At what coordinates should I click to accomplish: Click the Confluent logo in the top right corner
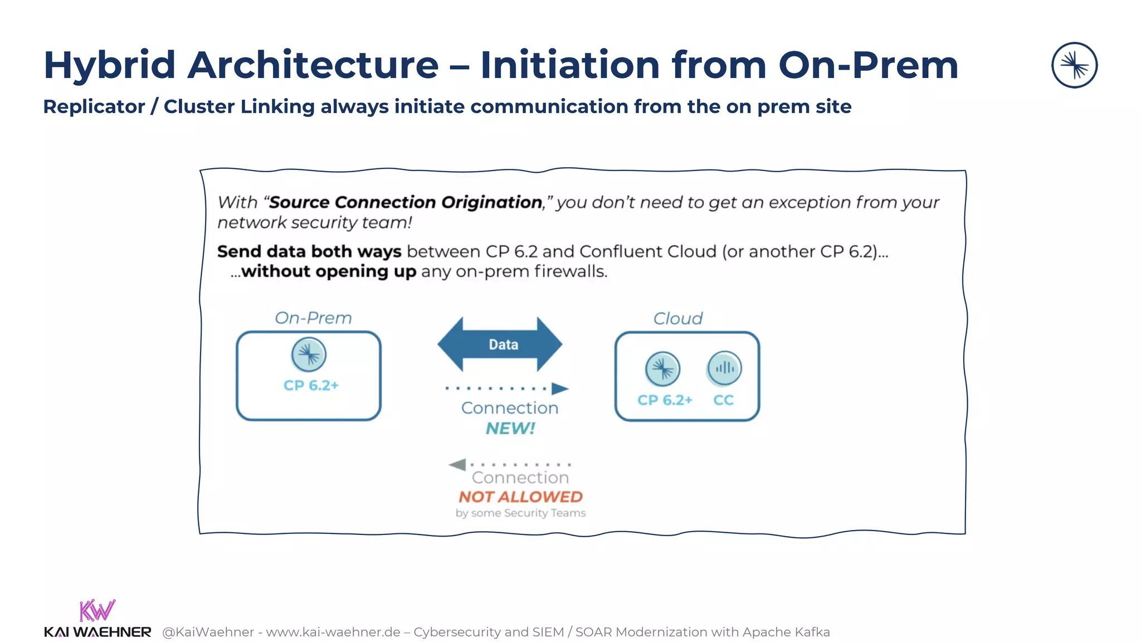(x=1074, y=65)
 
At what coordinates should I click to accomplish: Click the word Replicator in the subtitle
(x=94, y=106)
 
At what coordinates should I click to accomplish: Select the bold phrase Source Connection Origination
(x=406, y=202)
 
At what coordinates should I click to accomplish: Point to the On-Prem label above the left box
(x=313, y=318)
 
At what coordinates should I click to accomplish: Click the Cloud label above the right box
(x=677, y=319)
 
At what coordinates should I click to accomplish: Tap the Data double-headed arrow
(x=500, y=344)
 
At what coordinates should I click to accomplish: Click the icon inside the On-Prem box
(x=309, y=354)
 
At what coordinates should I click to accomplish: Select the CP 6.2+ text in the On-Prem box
(x=311, y=386)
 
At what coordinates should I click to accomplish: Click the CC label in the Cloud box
(x=723, y=400)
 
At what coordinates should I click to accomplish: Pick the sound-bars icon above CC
(x=724, y=368)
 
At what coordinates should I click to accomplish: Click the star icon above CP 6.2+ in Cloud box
(x=662, y=369)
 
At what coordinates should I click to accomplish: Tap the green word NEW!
(x=510, y=429)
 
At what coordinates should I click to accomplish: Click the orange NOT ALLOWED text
(x=520, y=497)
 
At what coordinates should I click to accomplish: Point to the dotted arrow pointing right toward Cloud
(x=507, y=388)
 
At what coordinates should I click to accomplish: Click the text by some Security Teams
(x=520, y=513)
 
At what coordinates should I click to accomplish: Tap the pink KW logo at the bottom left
(x=97, y=610)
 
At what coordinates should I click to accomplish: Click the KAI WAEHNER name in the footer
(x=97, y=632)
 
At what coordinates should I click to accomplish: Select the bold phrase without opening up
(x=329, y=272)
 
